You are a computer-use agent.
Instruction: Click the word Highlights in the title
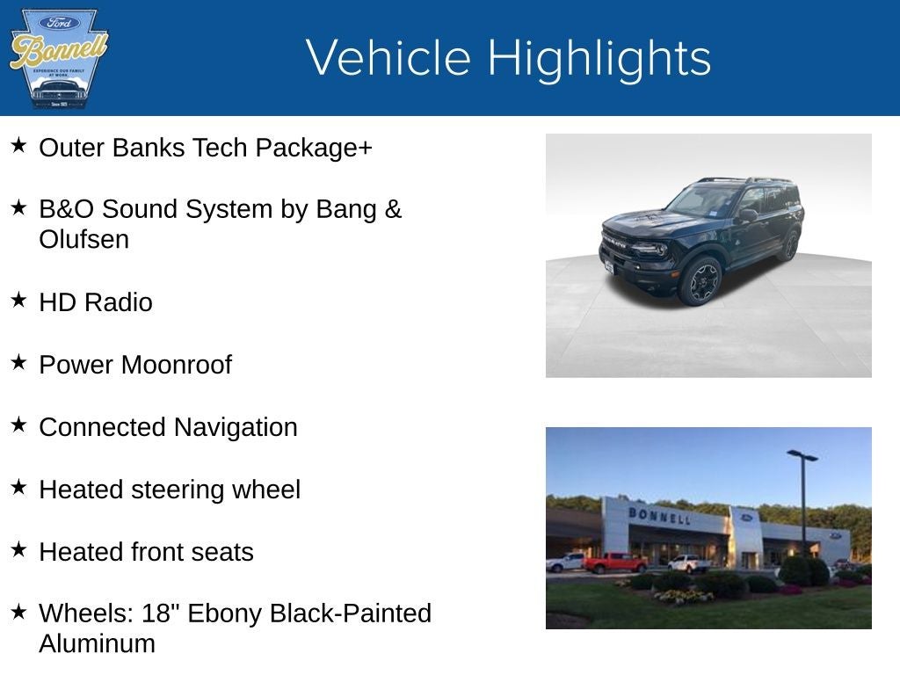(599, 58)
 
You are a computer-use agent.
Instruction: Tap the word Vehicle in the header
(388, 58)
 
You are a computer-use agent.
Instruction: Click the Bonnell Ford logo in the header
(58, 59)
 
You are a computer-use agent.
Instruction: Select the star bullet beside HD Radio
(18, 301)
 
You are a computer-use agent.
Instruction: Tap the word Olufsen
(83, 239)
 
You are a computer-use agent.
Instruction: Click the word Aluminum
(97, 643)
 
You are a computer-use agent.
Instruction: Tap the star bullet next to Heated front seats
(18, 550)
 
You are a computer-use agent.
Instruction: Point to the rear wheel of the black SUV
(791, 244)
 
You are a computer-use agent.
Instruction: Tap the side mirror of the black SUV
(747, 214)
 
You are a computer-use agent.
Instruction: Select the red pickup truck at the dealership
(614, 562)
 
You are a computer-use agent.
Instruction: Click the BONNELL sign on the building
(658, 515)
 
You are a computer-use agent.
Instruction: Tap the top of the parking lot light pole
(802, 455)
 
